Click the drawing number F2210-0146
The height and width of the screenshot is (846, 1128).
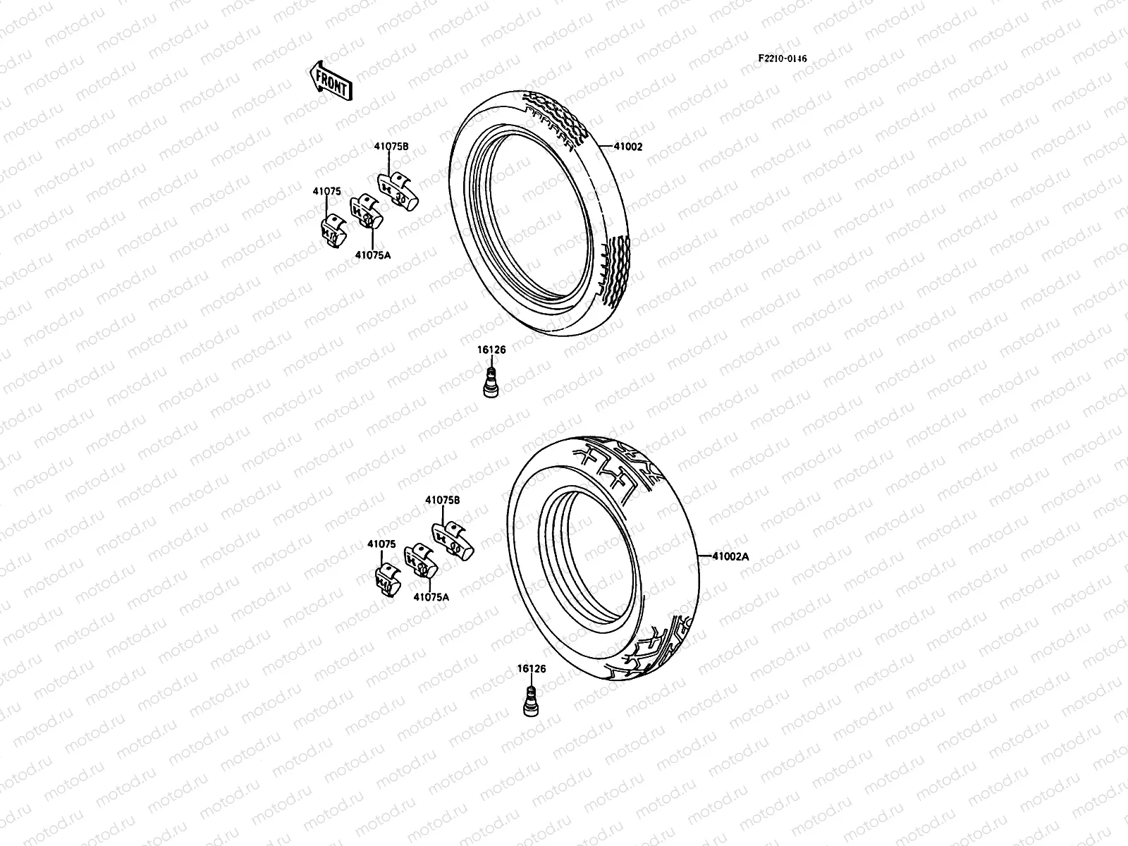click(783, 59)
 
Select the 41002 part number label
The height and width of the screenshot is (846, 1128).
click(628, 147)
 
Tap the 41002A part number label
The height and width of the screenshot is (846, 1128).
click(730, 556)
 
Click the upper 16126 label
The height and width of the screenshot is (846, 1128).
click(491, 349)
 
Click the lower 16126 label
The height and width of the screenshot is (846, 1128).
click(531, 668)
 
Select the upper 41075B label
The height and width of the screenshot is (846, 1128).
click(391, 147)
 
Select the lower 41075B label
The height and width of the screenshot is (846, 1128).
click(442, 499)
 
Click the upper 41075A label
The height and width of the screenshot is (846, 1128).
click(372, 256)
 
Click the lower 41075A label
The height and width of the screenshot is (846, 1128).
click(431, 596)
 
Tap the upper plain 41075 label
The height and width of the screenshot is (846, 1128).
click(327, 190)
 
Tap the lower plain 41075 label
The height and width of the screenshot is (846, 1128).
click(381, 544)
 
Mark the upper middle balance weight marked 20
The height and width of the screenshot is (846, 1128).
click(365, 213)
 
